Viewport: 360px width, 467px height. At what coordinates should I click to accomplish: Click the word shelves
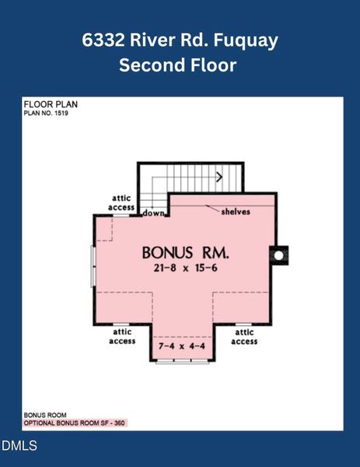235,212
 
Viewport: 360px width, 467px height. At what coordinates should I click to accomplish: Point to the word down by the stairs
152,212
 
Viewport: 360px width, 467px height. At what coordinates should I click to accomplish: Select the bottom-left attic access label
121,336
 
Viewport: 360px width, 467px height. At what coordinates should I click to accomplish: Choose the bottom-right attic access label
243,336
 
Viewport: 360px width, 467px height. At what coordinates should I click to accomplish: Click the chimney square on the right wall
278,254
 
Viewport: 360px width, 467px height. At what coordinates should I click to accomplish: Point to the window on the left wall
94,266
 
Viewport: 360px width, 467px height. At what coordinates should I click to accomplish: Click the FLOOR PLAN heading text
50,104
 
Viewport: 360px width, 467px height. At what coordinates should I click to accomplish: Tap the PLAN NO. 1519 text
47,113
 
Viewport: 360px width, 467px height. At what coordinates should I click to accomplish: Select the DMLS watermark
19,446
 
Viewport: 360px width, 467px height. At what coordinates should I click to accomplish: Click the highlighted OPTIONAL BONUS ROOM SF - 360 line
75,423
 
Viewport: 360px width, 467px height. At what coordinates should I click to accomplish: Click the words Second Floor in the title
177,65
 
